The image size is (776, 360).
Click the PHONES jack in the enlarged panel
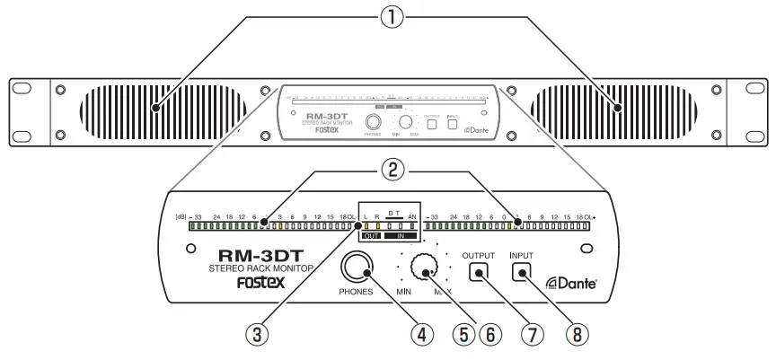tap(357, 267)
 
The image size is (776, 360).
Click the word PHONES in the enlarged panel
tap(357, 292)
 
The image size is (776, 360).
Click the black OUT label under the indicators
tap(371, 236)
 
